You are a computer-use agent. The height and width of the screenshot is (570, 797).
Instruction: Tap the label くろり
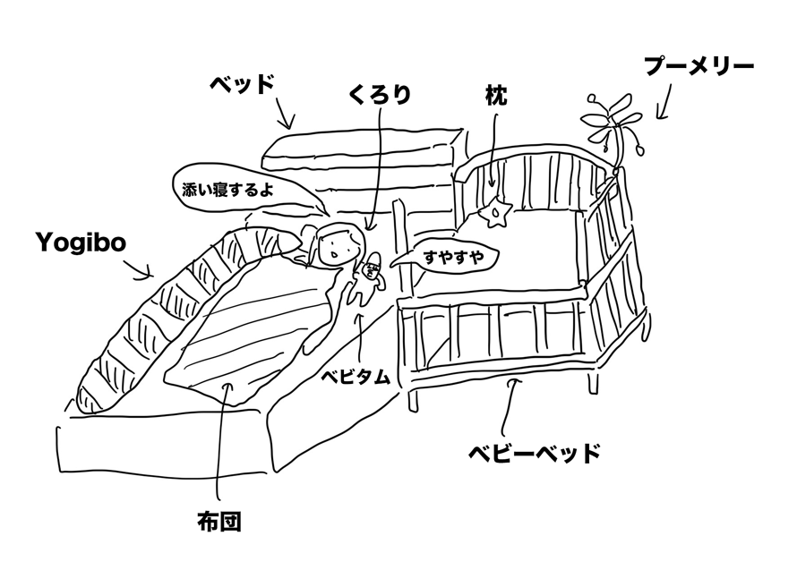380,94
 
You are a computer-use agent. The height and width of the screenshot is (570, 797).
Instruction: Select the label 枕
496,94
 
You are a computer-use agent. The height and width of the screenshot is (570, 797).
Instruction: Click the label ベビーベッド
534,452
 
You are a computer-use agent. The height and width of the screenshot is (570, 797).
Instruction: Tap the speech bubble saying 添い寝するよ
227,189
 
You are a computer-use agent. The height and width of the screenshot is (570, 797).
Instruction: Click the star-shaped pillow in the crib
495,212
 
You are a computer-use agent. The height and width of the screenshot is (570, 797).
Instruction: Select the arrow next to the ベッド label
284,115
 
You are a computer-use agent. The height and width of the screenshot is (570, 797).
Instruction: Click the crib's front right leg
593,379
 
